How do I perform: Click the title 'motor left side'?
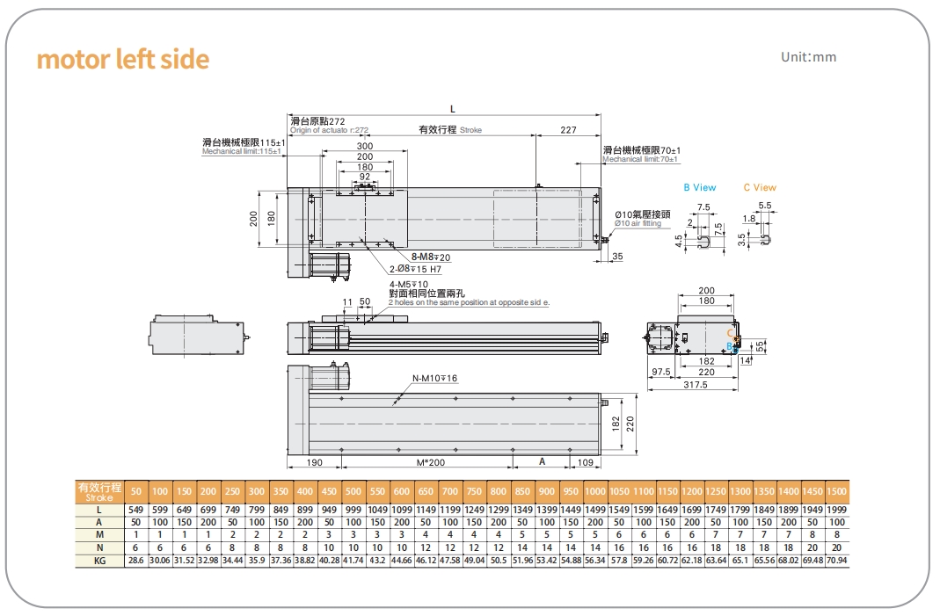(x=123, y=60)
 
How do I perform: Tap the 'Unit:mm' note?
(x=809, y=57)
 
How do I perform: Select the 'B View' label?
(x=700, y=187)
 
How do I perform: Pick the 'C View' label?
(x=760, y=187)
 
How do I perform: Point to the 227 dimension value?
(x=568, y=130)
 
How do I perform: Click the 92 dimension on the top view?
(x=364, y=177)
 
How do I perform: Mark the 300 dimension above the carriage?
(x=364, y=146)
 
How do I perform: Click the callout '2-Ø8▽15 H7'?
(x=416, y=269)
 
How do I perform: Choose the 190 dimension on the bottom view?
(x=314, y=461)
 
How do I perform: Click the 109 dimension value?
(x=586, y=461)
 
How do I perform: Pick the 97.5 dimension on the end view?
(x=661, y=372)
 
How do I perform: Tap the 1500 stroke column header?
(x=836, y=490)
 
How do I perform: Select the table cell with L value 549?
(x=135, y=509)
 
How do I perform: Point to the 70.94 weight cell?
(x=836, y=559)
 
